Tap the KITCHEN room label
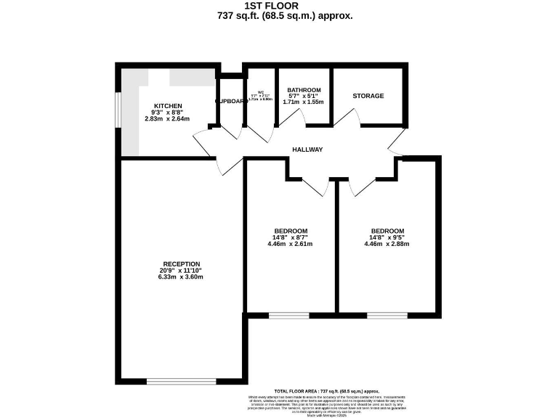[x=167, y=106]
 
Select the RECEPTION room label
[x=181, y=263]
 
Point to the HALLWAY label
[x=307, y=149]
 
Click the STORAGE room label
[x=368, y=96]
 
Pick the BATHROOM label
[x=304, y=90]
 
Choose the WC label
[x=260, y=92]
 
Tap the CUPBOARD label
[x=231, y=102]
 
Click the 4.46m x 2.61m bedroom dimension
[x=290, y=244]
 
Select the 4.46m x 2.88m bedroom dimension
[x=387, y=244]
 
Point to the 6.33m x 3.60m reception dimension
[x=181, y=276]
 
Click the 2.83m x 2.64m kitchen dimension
[x=167, y=119]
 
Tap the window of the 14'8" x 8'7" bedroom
[x=288, y=316]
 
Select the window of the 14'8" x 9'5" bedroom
[x=387, y=316]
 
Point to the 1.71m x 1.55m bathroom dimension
[x=304, y=102]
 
